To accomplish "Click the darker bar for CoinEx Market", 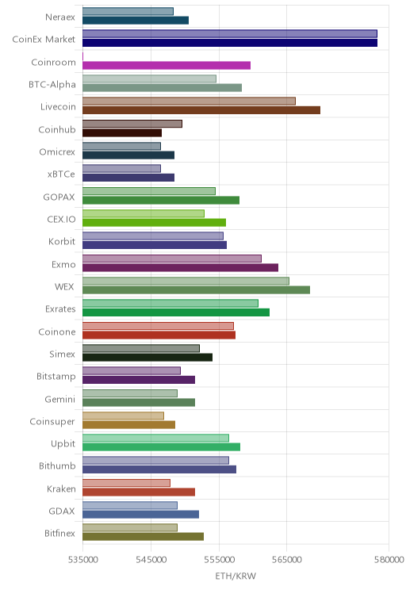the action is [x=230, y=43].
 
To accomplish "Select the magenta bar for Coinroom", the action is [x=167, y=65].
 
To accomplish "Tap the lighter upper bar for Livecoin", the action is [x=189, y=101].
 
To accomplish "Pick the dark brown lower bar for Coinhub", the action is [x=122, y=132].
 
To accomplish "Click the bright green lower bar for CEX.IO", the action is [x=155, y=222].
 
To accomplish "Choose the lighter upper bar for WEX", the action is [x=186, y=281].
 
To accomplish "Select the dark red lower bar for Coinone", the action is [x=159, y=335].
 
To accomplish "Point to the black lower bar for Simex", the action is [x=147, y=357].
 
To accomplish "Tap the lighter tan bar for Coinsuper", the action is [x=124, y=416].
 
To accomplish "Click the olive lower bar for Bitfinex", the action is [x=143, y=537].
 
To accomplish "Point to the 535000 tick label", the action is [x=82, y=560].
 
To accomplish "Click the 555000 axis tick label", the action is [x=219, y=560].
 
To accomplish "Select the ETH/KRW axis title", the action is [x=236, y=576].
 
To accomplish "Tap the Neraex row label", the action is [x=60, y=17].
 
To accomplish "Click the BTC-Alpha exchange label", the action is [x=52, y=84].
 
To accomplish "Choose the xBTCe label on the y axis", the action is [x=61, y=174].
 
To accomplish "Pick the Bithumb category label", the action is [x=57, y=465].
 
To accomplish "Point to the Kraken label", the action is [x=61, y=488].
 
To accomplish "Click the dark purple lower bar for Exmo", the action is [x=180, y=267].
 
